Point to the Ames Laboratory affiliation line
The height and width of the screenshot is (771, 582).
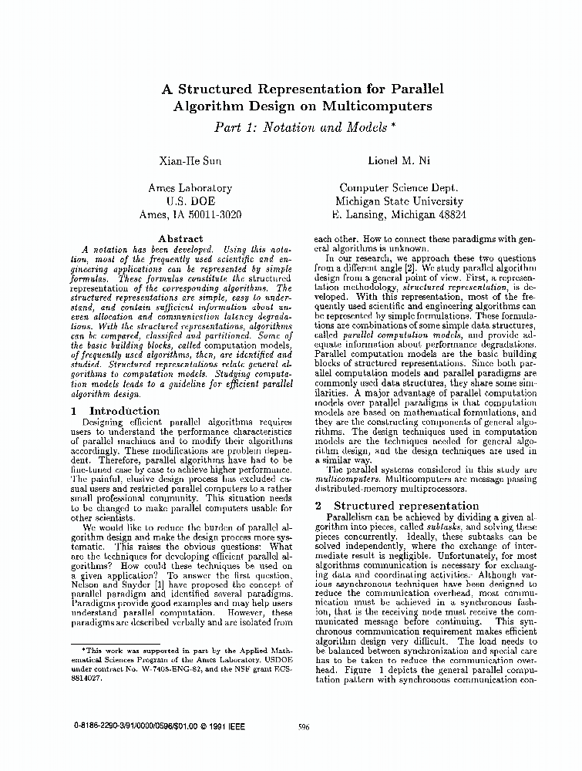click(x=190, y=187)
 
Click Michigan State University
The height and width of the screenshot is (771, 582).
click(x=399, y=201)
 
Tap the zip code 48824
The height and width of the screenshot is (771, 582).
click(x=447, y=215)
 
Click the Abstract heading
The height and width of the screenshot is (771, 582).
click(x=180, y=239)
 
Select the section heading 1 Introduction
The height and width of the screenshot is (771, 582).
click(x=115, y=411)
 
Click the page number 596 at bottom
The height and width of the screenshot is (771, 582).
click(x=304, y=726)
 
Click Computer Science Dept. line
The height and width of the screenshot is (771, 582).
click(x=399, y=187)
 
